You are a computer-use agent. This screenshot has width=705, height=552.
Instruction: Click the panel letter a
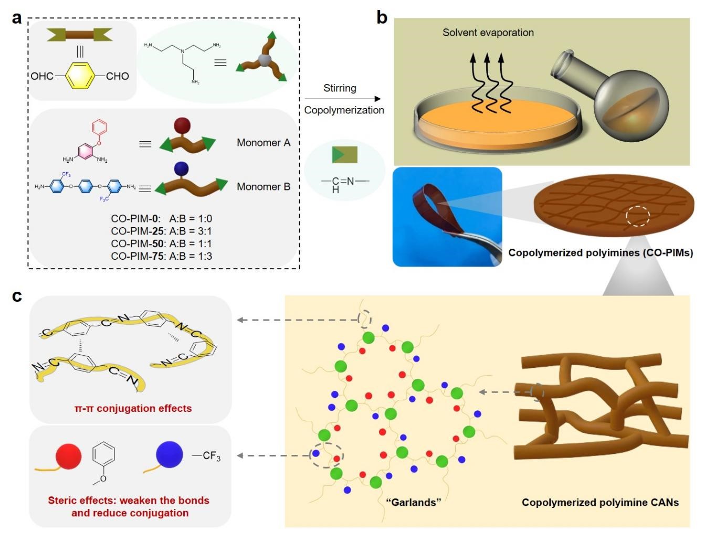[x=17, y=18]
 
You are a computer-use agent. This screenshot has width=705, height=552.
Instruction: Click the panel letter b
[x=382, y=18]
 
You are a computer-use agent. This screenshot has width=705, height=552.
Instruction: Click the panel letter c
[x=17, y=296]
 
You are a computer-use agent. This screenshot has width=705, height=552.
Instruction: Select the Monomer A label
[x=264, y=143]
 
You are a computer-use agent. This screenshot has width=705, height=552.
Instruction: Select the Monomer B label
[x=264, y=187]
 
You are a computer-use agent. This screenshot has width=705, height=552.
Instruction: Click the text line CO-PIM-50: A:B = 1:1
[x=162, y=243]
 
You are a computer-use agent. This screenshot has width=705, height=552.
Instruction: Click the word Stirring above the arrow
[x=340, y=88]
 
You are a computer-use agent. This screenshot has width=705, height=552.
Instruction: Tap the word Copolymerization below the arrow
[x=344, y=110]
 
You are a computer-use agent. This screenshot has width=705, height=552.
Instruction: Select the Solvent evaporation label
[x=488, y=33]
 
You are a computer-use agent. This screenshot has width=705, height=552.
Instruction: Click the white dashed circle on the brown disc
[x=638, y=216]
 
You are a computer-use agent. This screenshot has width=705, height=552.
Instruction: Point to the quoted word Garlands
[x=413, y=502]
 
